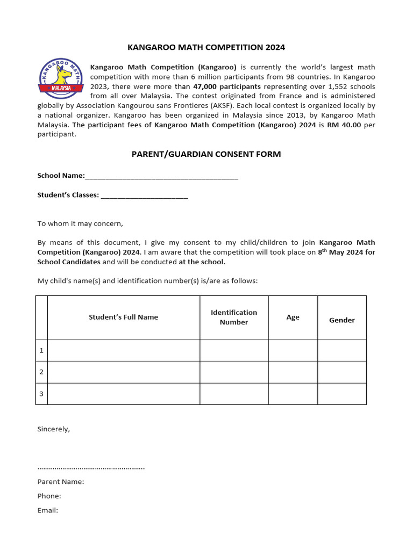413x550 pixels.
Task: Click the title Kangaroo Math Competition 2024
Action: coord(206,47)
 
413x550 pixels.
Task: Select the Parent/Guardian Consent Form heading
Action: coord(206,154)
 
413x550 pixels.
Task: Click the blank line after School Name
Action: coord(161,176)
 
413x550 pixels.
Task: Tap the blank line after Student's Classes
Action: coord(144,196)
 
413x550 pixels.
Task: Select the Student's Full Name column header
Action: coord(123,317)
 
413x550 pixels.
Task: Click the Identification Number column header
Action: coord(234,317)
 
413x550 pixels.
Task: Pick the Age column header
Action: coord(293,317)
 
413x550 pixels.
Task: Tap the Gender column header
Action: coord(342,320)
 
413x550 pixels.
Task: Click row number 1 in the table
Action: coord(41,350)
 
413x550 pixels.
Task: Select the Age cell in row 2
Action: coord(293,372)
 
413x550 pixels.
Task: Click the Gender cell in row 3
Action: coord(342,394)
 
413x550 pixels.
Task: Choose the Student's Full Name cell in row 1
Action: coord(123,350)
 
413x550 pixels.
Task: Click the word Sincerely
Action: coord(53,429)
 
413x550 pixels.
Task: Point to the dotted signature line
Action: coord(91,467)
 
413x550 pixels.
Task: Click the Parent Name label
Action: coord(61,482)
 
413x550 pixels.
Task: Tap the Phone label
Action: coord(49,496)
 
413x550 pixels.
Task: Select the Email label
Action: coord(47,510)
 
